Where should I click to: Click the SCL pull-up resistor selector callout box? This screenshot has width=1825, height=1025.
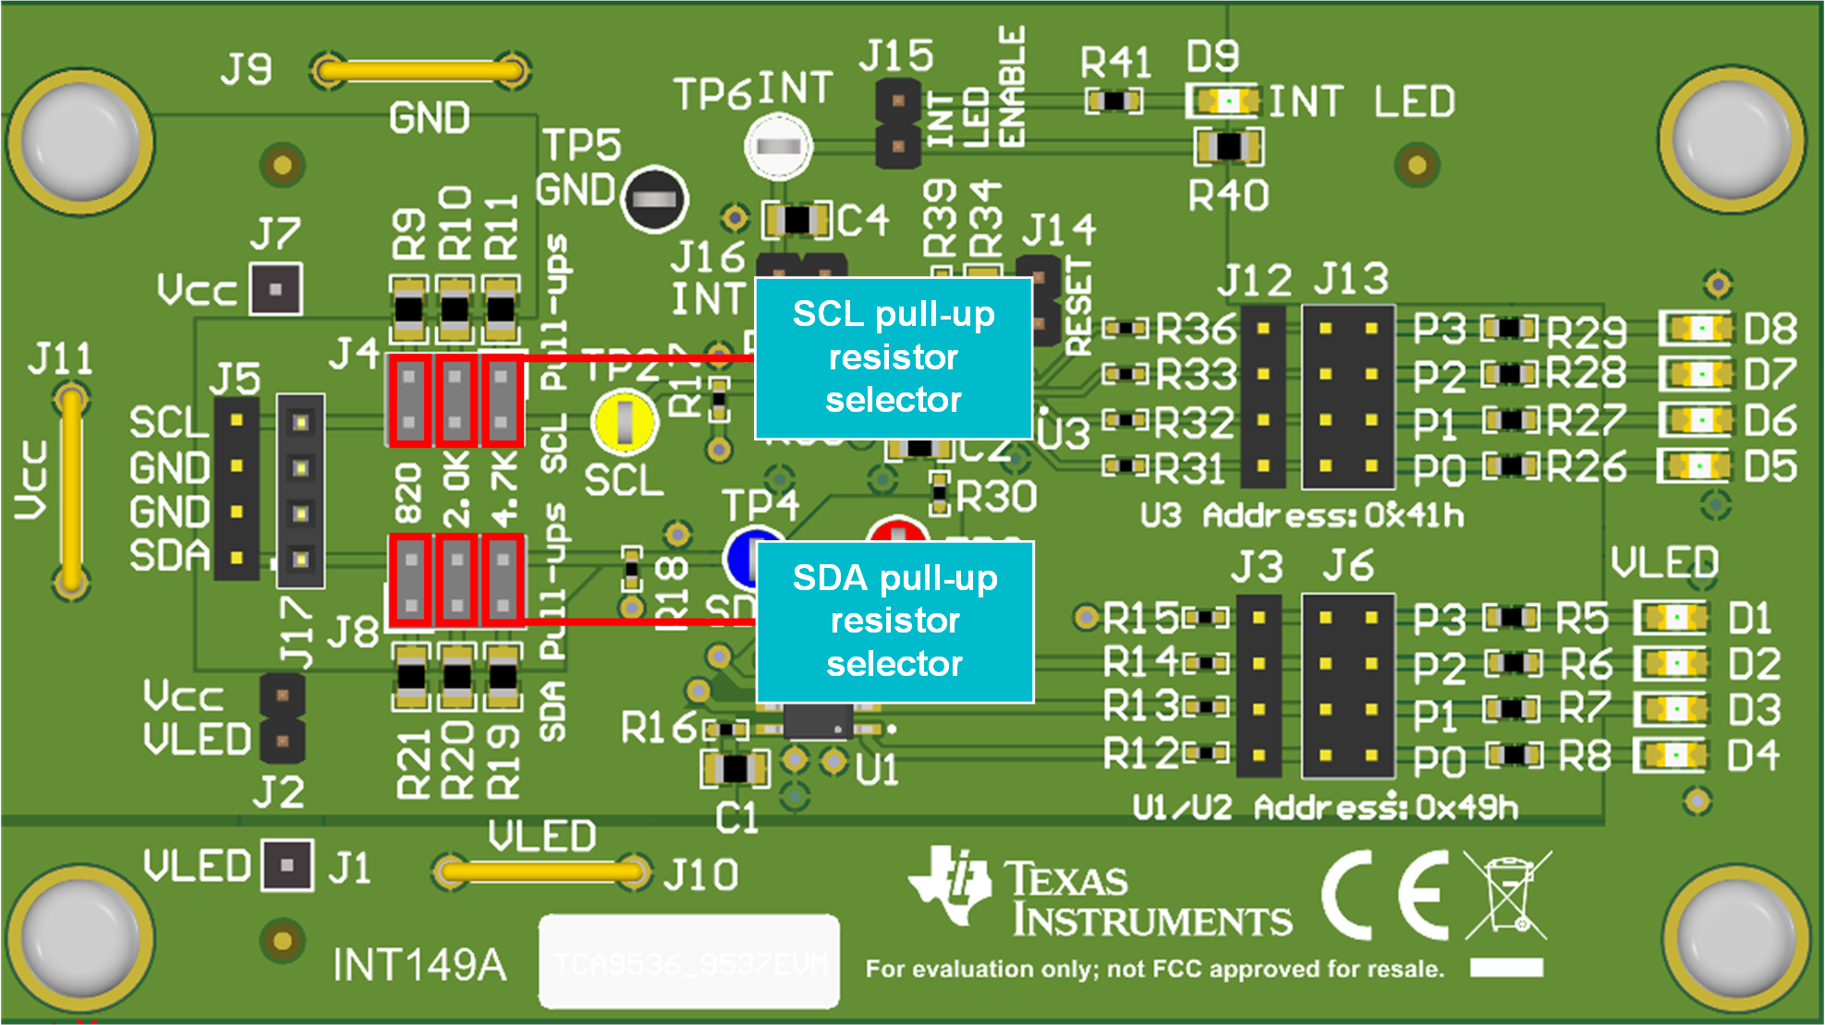[x=893, y=357]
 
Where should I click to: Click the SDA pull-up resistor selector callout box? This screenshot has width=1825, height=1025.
[x=894, y=621]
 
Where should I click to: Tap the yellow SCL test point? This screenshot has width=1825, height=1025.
[x=625, y=422]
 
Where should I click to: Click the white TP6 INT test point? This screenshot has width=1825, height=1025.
[x=778, y=146]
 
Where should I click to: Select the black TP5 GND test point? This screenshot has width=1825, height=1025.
[x=654, y=199]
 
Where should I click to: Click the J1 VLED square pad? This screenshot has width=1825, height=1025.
[x=287, y=865]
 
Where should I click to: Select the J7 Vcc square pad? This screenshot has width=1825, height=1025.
[x=275, y=290]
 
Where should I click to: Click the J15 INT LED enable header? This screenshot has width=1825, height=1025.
[x=897, y=123]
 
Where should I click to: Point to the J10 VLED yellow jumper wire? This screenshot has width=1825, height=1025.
[x=541, y=871]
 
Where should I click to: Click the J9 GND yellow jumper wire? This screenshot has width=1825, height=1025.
[x=421, y=71]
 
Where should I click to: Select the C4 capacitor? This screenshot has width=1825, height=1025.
[x=797, y=220]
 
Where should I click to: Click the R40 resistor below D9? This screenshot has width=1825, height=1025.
[x=1228, y=146]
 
